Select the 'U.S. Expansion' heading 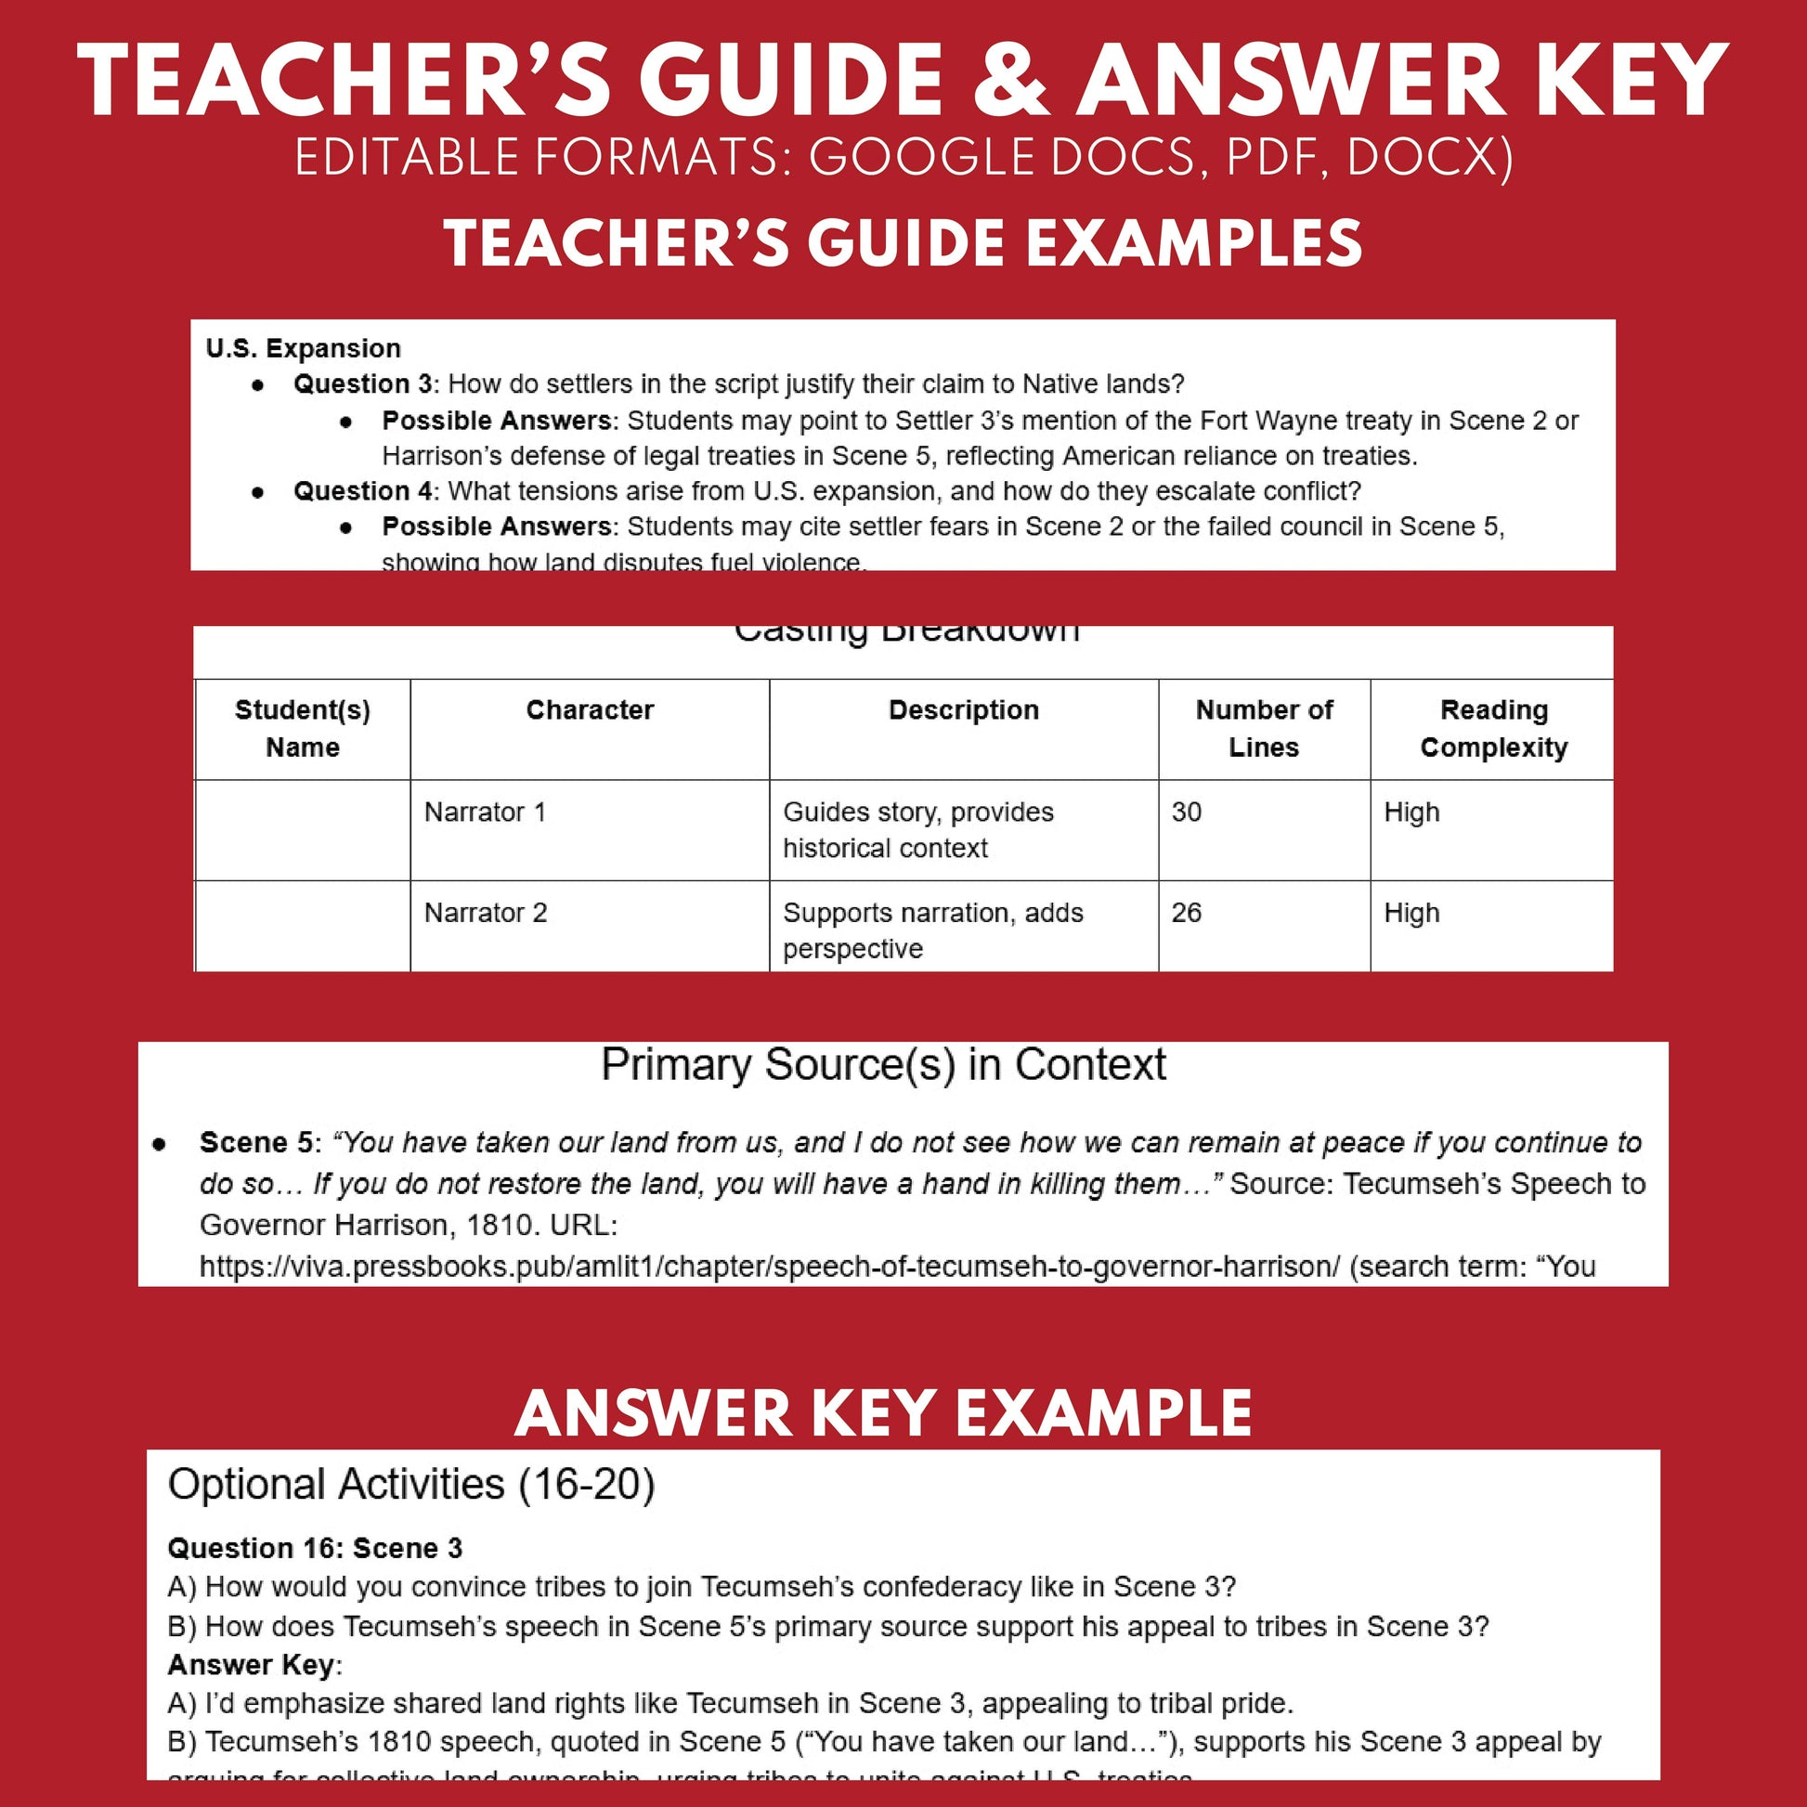303,348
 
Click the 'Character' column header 590,709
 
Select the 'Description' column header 963,709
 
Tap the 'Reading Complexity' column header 1493,729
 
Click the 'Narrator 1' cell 485,812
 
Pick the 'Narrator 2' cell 486,913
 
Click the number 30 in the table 1186,812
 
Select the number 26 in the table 1186,913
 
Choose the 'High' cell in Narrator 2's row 1411,913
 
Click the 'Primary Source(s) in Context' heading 883,1064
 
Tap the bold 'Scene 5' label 255,1142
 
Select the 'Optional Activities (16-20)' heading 411,1484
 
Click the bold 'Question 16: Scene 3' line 315,1548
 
